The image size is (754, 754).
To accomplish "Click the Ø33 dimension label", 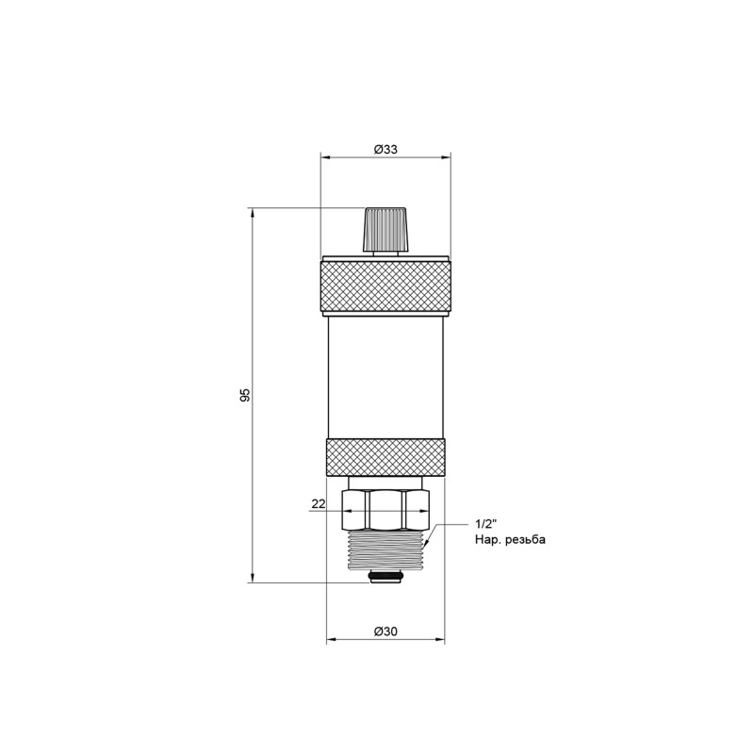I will (x=385, y=149).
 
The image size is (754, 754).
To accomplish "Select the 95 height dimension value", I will (x=245, y=395).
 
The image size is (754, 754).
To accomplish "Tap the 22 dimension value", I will (x=318, y=505).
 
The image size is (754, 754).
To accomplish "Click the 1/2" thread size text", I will (x=485, y=523).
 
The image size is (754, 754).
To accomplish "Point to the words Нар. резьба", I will (x=510, y=540).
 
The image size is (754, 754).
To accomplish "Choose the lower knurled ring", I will (x=385, y=457).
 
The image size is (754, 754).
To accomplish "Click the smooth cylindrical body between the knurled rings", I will (x=385, y=377).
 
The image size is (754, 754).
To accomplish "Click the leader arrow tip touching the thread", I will (x=426, y=546).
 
